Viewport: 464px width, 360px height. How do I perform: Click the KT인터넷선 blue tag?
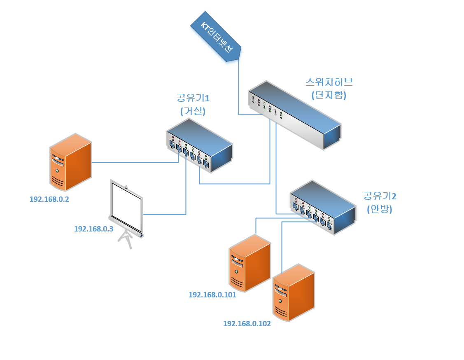pyautogui.click(x=216, y=37)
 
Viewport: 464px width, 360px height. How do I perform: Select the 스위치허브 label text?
pyautogui.click(x=329, y=82)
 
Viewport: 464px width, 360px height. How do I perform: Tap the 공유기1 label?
pyautogui.click(x=193, y=98)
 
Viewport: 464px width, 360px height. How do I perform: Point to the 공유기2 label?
pyautogui.click(x=380, y=196)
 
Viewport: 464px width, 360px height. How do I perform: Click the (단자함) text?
pyautogui.click(x=329, y=95)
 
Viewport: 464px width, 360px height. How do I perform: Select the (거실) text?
pyautogui.click(x=193, y=111)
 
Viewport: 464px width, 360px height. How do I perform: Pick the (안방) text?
pyautogui.click(x=380, y=209)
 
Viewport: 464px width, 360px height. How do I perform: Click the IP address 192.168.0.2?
pyautogui.click(x=49, y=199)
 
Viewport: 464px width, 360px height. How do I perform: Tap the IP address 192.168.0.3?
pyautogui.click(x=93, y=229)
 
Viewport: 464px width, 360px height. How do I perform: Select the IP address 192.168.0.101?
pyautogui.click(x=212, y=295)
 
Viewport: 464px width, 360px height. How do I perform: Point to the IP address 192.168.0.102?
pyautogui.click(x=247, y=324)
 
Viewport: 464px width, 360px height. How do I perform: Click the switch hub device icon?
pyautogui.click(x=295, y=115)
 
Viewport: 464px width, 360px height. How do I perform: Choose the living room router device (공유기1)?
pyautogui.click(x=200, y=145)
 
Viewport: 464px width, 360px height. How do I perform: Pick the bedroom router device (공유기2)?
pyautogui.click(x=323, y=207)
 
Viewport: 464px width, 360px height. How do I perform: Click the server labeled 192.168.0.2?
pyautogui.click(x=70, y=162)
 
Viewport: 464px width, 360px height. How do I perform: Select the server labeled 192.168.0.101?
pyautogui.click(x=250, y=263)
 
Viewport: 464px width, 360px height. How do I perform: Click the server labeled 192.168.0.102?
pyautogui.click(x=293, y=292)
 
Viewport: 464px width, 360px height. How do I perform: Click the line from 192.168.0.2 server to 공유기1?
pyautogui.click(x=135, y=162)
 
